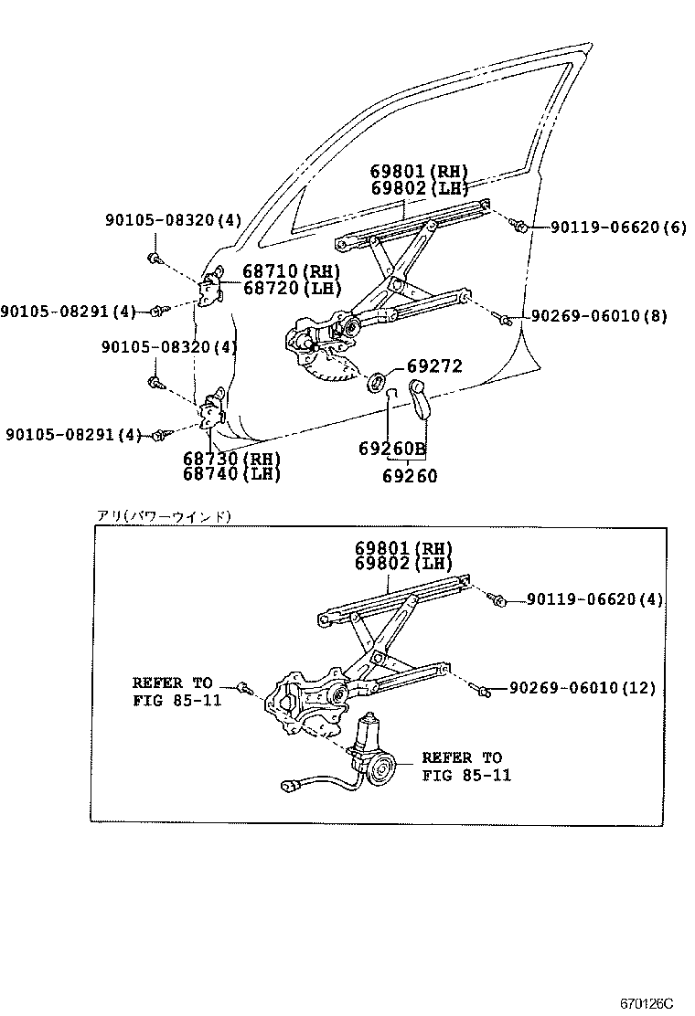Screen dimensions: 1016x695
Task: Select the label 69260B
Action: [x=392, y=448]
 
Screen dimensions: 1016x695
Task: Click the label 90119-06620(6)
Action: [x=617, y=227]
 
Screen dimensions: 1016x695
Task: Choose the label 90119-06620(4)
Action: [x=594, y=599]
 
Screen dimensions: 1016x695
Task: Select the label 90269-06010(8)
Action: [x=599, y=317]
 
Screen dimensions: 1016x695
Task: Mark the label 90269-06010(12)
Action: [x=582, y=688]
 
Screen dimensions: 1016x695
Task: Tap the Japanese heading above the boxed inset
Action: [x=165, y=516]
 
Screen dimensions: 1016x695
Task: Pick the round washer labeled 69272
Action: [x=376, y=380]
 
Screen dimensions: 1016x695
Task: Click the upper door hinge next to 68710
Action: [x=213, y=287]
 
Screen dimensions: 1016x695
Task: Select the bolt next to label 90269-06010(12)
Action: [x=484, y=692]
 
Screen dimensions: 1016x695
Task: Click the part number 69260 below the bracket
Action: [x=410, y=475]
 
